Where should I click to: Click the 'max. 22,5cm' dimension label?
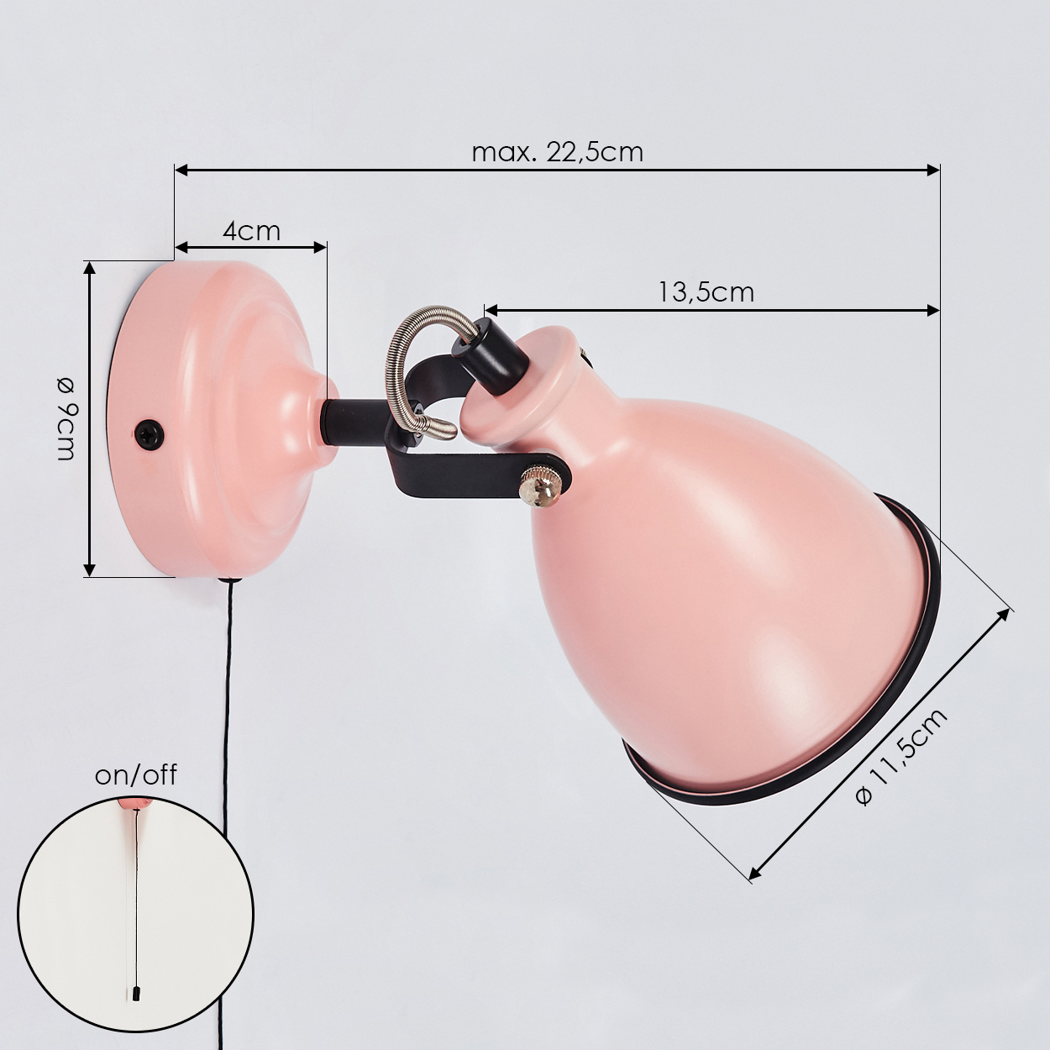click(558, 153)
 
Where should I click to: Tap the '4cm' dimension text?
click(251, 231)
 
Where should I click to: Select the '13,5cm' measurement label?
click(706, 292)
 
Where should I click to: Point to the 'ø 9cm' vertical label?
click(66, 419)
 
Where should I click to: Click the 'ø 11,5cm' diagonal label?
click(902, 757)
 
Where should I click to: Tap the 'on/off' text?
click(136, 774)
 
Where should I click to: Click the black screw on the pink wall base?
click(149, 434)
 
